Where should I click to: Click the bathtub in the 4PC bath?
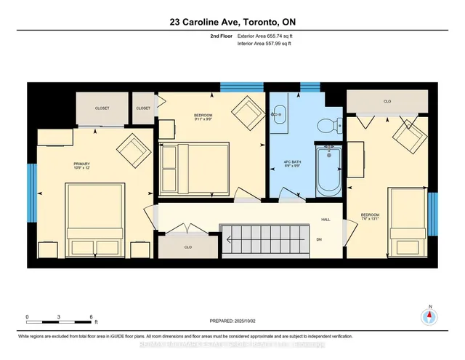pyautogui.click(x=329, y=169)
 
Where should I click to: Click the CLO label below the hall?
pyautogui.click(x=187, y=247)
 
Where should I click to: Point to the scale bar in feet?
pyautogui.click(x=60, y=319)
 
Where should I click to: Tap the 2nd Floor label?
pyautogui.click(x=220, y=35)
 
